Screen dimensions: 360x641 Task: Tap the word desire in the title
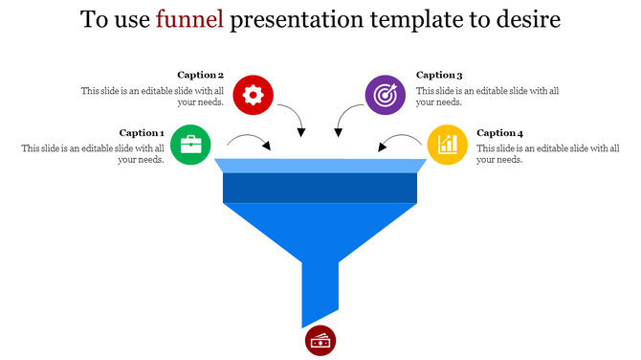[x=523, y=20]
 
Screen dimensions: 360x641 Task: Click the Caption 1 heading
[x=142, y=133]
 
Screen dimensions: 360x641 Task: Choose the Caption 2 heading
[x=200, y=75]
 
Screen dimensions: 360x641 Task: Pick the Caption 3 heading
[x=439, y=75]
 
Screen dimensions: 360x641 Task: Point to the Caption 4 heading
[x=500, y=133]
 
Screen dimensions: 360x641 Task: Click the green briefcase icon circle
[x=191, y=145]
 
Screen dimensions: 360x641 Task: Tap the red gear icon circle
[x=253, y=95]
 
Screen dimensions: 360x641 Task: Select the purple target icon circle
[x=386, y=95]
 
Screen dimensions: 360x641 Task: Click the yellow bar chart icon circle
[x=447, y=145]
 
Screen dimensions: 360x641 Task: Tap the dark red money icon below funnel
[x=320, y=340]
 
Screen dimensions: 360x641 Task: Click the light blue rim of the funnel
[x=320, y=166]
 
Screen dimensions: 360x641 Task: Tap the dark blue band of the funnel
[x=320, y=189]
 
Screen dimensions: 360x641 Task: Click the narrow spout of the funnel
[x=320, y=287]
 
